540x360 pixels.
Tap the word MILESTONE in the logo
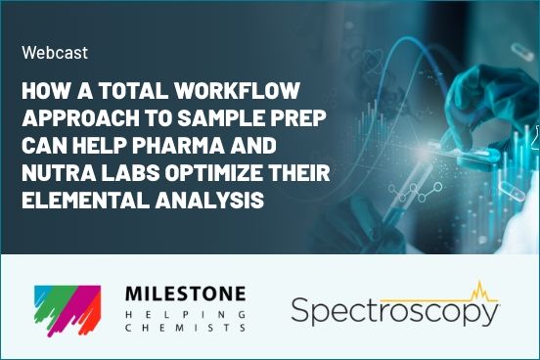point(185,293)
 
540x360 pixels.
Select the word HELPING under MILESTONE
point(185,313)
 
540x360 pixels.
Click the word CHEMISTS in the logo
point(185,330)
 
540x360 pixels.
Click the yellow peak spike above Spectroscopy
point(478,290)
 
